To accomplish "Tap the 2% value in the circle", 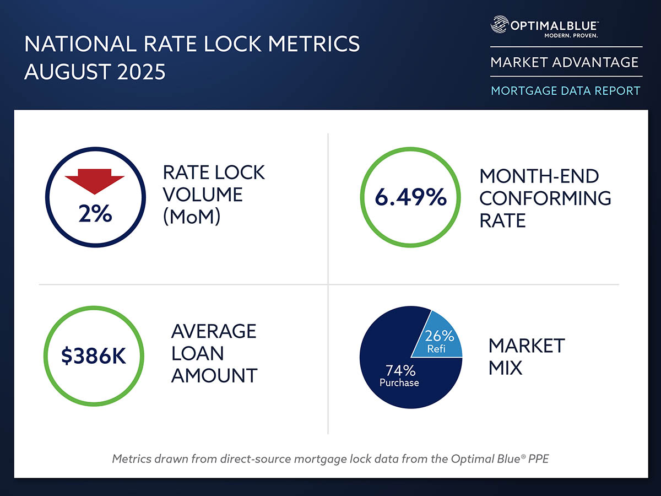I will pyautogui.click(x=95, y=213).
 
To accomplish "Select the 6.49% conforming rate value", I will pyautogui.click(x=411, y=197).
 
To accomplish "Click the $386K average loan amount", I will pyautogui.click(x=94, y=357).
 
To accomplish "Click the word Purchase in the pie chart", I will pyautogui.click(x=399, y=382).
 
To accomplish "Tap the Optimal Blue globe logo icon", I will pyautogui.click(x=499, y=25).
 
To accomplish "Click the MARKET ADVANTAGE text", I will pyautogui.click(x=565, y=62).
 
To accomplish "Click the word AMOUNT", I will pyautogui.click(x=214, y=375).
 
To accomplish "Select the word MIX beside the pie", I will pyautogui.click(x=505, y=368).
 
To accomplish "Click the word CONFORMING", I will pyautogui.click(x=545, y=198).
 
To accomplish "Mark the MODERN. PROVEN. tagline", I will pyautogui.click(x=570, y=35).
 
